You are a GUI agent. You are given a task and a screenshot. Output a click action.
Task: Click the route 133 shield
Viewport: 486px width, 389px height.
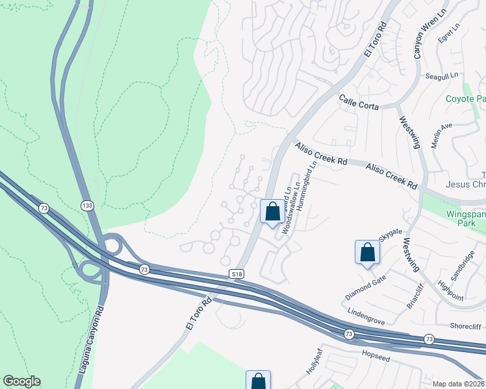(x=86, y=206)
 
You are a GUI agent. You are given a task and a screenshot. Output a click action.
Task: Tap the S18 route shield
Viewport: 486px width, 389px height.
(x=238, y=275)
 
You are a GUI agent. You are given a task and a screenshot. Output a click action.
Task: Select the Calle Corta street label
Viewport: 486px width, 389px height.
(x=359, y=101)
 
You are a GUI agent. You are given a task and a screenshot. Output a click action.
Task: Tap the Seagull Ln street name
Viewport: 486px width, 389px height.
(x=442, y=77)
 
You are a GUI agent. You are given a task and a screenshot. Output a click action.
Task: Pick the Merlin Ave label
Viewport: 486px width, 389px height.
(x=442, y=135)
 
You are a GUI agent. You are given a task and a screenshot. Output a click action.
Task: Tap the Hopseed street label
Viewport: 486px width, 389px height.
(x=379, y=355)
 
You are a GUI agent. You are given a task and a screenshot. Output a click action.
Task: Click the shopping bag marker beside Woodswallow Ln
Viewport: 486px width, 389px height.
(x=272, y=211)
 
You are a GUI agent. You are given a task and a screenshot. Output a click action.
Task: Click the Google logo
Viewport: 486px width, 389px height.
(x=21, y=381)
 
